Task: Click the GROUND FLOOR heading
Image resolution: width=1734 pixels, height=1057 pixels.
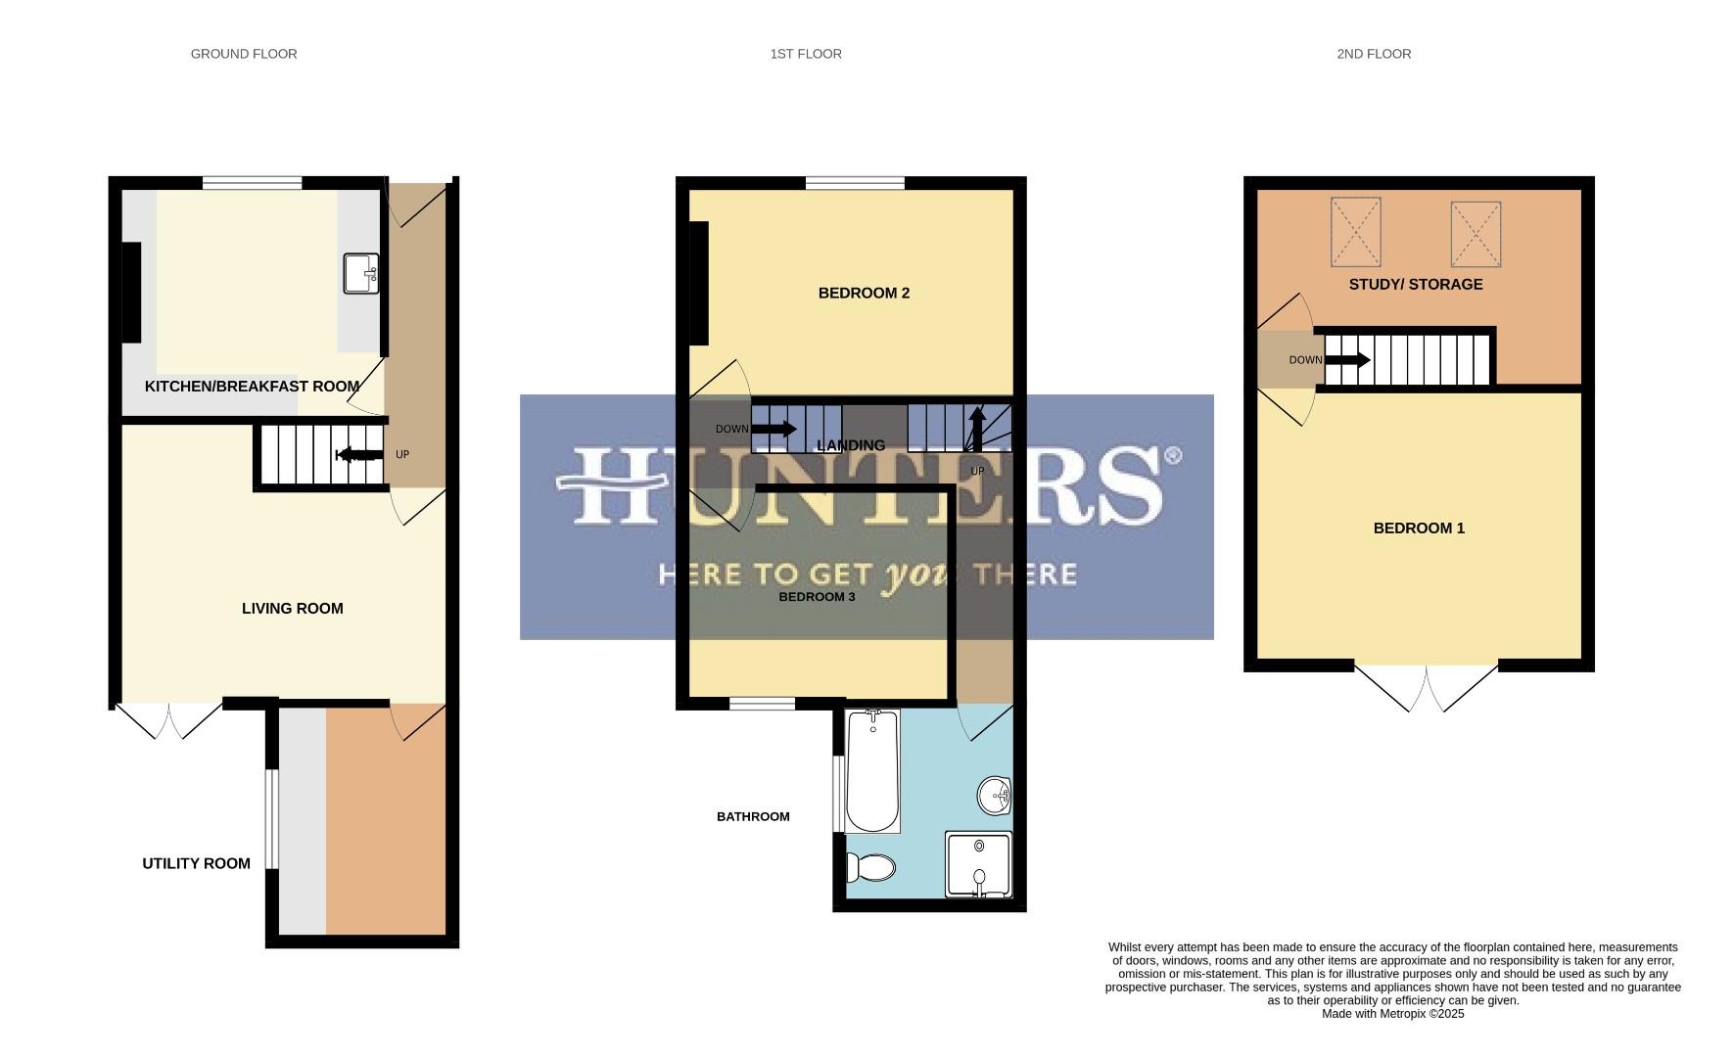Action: point(244,54)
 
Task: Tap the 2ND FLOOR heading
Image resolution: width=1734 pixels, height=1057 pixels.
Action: point(1374,54)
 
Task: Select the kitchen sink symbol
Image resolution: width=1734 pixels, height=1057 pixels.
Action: point(360,274)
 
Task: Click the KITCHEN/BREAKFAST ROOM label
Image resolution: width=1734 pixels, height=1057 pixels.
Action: point(252,387)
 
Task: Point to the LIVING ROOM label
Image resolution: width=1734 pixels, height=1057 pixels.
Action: point(292,609)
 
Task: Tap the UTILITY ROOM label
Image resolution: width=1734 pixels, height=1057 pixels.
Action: point(196,863)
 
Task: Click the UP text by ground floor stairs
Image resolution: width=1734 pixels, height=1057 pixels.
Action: point(401,455)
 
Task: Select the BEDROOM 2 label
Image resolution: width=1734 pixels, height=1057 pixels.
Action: point(864,294)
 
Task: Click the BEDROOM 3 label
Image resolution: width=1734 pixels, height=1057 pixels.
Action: point(817,597)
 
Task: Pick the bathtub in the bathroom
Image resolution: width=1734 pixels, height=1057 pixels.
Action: point(871,771)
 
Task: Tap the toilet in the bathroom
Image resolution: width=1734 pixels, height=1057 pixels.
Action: point(871,867)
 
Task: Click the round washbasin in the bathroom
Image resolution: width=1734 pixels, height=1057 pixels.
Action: point(995,795)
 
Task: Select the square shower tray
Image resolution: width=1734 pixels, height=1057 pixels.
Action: point(978,863)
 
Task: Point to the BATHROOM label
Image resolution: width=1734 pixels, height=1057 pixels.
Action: point(753,816)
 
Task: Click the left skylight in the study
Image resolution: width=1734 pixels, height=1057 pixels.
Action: point(1355,232)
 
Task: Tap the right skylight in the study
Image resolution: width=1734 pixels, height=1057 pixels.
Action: point(1476,234)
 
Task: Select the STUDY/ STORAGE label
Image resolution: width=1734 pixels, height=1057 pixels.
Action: point(1416,285)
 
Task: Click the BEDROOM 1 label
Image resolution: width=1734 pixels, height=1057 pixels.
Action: point(1419,528)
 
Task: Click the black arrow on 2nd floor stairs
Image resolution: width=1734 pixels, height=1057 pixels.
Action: point(1346,360)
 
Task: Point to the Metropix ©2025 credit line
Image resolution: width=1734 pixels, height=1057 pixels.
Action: point(1392,1014)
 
